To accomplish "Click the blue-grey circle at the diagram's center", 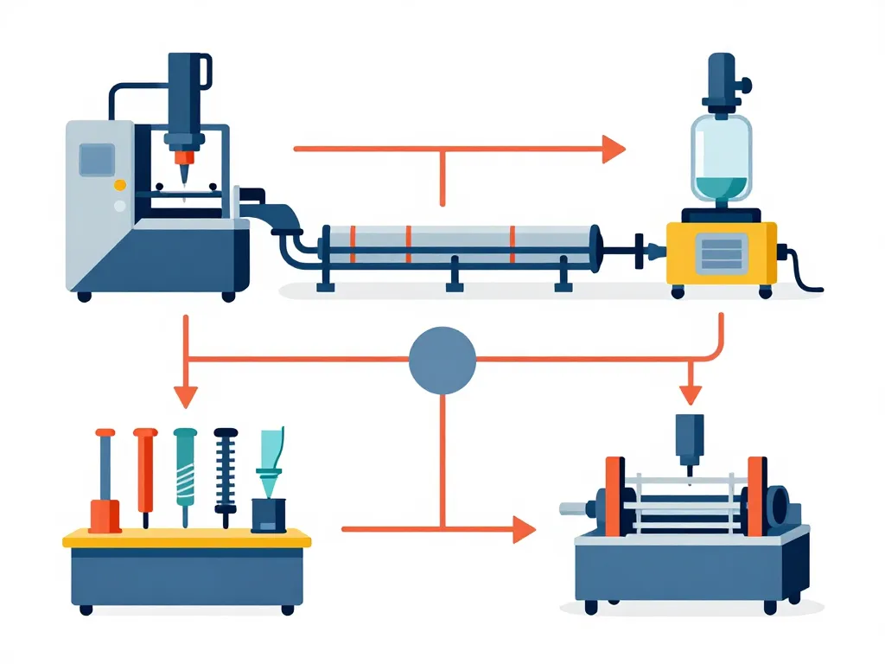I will [x=442, y=360].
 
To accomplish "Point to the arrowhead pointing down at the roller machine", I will [x=689, y=393].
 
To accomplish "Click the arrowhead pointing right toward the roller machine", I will [x=524, y=528].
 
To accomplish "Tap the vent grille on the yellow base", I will [x=722, y=252].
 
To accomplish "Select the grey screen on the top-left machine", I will [x=98, y=159].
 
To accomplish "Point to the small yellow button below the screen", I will [x=119, y=184].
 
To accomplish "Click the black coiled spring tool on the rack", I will [x=226, y=476].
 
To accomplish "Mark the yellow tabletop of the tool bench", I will [x=187, y=539].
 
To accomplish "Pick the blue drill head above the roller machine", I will [x=690, y=441].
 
